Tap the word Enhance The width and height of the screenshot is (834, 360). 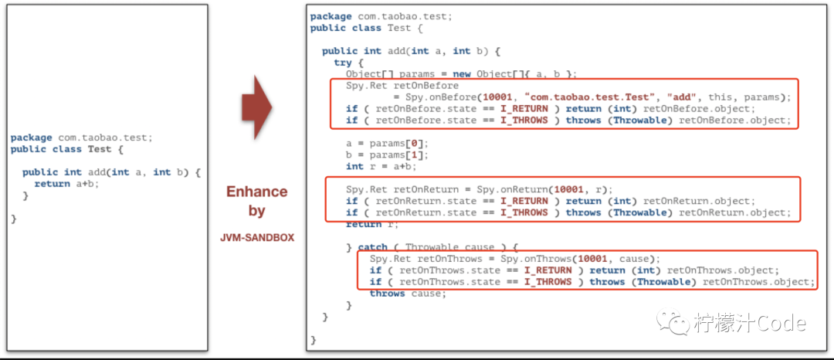point(256,192)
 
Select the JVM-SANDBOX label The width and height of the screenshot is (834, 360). point(257,238)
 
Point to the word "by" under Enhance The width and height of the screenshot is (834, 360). point(257,210)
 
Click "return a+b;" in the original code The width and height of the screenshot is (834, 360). point(67,184)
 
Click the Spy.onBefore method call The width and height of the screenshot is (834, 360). point(435,97)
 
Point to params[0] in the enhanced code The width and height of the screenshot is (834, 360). point(400,143)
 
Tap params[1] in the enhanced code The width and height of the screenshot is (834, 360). point(400,155)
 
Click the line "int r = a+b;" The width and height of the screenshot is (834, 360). point(381,166)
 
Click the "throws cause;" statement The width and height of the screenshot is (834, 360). point(408,294)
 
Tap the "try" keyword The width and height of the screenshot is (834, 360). point(343,63)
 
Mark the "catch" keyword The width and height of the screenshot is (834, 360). point(373,247)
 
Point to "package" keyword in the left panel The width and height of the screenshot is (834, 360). point(32,138)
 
